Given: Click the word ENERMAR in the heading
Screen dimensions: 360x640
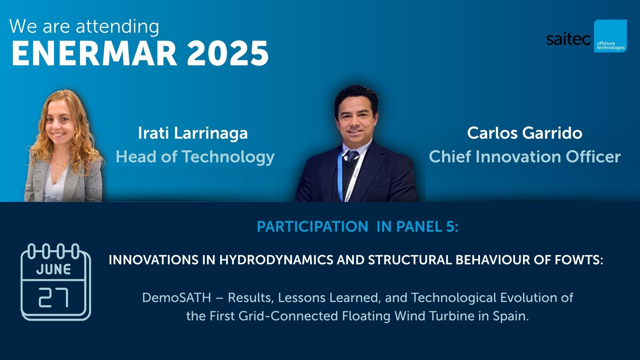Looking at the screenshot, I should (94, 53).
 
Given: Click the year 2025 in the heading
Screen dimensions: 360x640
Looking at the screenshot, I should (228, 53).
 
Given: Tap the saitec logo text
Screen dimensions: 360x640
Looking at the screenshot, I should (568, 40).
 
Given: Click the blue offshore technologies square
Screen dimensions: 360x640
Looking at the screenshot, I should (610, 36).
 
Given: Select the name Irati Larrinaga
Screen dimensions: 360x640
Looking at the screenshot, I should (193, 133).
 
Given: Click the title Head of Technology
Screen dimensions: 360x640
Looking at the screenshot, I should (195, 157).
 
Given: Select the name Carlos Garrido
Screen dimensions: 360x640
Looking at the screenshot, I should (524, 133).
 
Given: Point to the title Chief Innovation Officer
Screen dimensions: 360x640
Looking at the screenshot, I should (524, 157).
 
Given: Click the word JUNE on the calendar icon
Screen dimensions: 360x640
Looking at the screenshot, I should (53, 269).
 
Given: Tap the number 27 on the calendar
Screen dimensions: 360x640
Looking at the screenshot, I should (53, 297).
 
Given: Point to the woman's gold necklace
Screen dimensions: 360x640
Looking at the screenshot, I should (60, 164).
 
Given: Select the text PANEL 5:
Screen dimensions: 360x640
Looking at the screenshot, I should (427, 227).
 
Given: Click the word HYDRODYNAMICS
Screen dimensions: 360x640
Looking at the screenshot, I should (276, 260).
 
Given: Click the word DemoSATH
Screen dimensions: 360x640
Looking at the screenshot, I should (176, 298).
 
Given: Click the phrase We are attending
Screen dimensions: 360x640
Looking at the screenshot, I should (84, 27).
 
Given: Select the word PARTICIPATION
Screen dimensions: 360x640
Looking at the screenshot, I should (312, 227).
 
